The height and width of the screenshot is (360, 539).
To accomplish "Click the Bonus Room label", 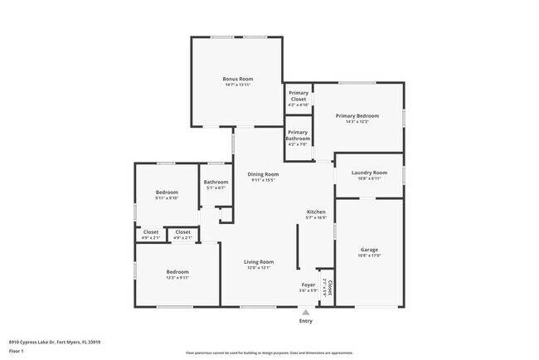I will (236, 78).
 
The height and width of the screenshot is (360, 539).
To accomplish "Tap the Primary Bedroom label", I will (357, 115).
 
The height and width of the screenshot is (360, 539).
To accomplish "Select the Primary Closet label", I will (298, 96).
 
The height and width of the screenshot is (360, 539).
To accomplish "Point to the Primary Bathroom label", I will (298, 135).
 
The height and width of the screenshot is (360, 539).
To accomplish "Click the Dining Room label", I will (263, 174).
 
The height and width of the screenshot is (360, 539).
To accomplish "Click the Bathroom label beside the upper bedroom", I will (216, 182).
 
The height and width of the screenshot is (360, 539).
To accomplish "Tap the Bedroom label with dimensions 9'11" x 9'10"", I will (167, 192).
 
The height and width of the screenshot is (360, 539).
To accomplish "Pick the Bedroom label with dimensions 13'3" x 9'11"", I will (177, 271).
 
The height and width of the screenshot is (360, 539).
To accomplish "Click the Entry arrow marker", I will (305, 312).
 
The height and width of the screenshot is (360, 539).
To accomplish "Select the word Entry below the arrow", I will (305, 321).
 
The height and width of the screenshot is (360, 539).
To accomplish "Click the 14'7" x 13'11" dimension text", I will (236, 85).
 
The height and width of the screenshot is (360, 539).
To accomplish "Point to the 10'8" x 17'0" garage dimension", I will (369, 255).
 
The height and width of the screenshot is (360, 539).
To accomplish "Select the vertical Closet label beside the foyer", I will (329, 288).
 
